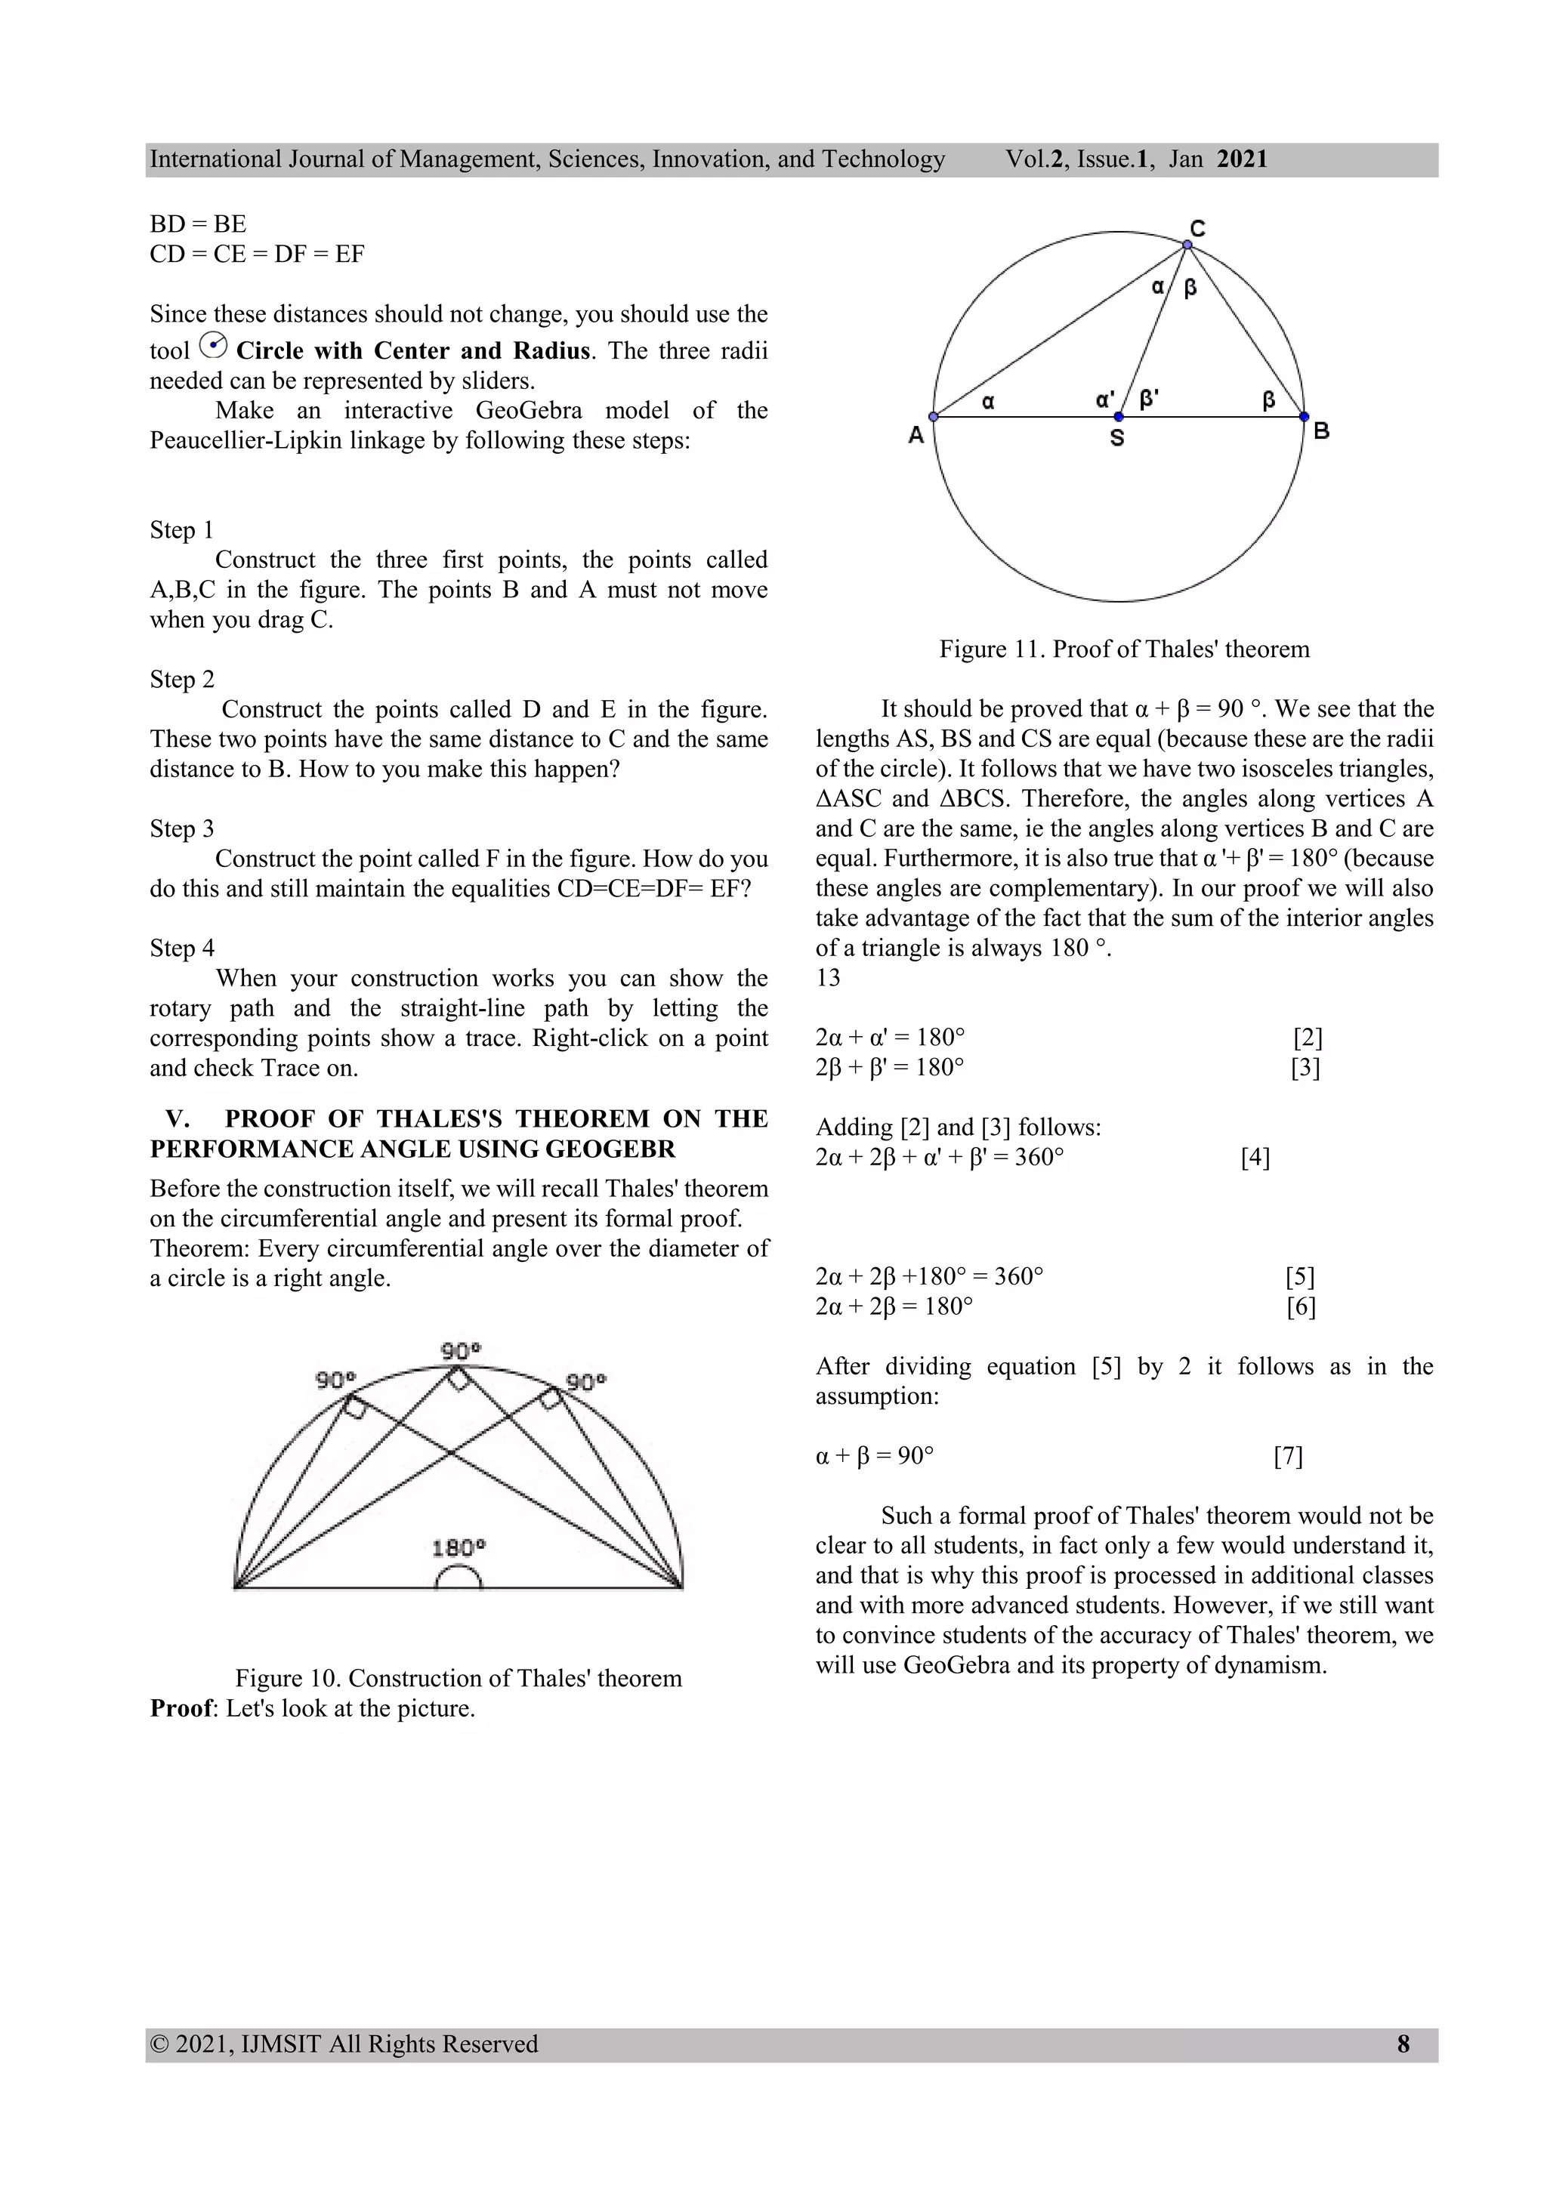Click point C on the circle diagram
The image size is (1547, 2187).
pyautogui.click(x=1187, y=245)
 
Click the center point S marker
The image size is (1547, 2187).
pyautogui.click(x=1119, y=417)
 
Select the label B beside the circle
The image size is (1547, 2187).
pyautogui.click(x=1321, y=431)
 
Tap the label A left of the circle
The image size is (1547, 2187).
pyautogui.click(x=916, y=435)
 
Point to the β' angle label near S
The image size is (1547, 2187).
pyautogui.click(x=1150, y=399)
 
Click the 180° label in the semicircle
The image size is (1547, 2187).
pyautogui.click(x=459, y=1548)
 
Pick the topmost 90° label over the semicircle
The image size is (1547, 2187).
pyautogui.click(x=461, y=1351)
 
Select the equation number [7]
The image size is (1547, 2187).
pyautogui.click(x=1288, y=1457)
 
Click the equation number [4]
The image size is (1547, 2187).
pyautogui.click(x=1255, y=1158)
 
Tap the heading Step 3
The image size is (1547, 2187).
pyautogui.click(x=182, y=828)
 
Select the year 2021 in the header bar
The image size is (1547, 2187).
pyautogui.click(x=1242, y=159)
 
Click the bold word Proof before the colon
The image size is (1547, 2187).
pyautogui.click(x=181, y=1709)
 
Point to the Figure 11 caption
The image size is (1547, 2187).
pyautogui.click(x=1124, y=649)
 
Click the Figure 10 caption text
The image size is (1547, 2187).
pyautogui.click(x=459, y=1678)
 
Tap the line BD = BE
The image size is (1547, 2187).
pyautogui.click(x=198, y=224)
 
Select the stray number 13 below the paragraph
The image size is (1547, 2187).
pyautogui.click(x=828, y=978)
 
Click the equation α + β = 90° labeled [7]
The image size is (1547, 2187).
pyautogui.click(x=875, y=1457)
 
